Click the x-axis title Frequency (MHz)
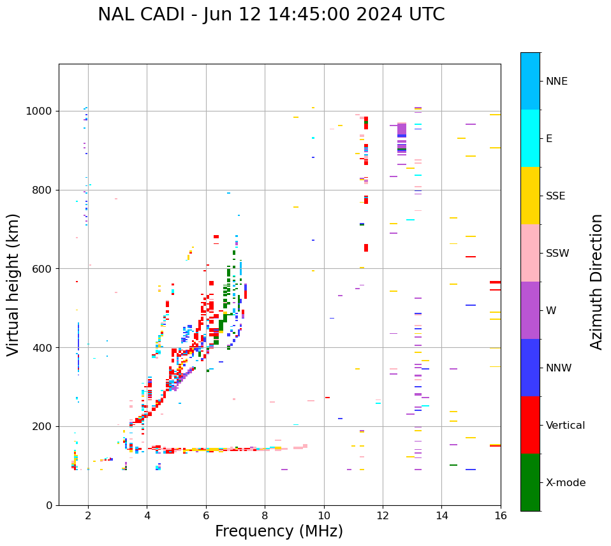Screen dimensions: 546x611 pyautogui.click(x=279, y=531)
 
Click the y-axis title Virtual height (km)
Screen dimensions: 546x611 pyautogui.click(x=13, y=285)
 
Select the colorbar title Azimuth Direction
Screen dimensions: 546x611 pyautogui.click(x=596, y=282)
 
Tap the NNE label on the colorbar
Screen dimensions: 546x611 pyautogui.click(x=556, y=82)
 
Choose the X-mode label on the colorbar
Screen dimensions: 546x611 pyautogui.click(x=565, y=483)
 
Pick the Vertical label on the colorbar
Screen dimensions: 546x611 pyautogui.click(x=565, y=426)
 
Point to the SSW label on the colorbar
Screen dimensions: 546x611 pyautogui.click(x=557, y=254)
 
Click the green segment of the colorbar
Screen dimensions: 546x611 pyautogui.click(x=530, y=482)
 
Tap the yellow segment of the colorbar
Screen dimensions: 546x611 pyautogui.click(x=530, y=196)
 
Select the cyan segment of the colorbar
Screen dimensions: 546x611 pyautogui.click(x=530, y=138)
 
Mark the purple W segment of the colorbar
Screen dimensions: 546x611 pyautogui.click(x=530, y=310)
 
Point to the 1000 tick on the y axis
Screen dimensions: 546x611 pyautogui.click(x=41, y=111)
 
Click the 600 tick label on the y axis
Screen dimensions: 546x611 pyautogui.click(x=44, y=269)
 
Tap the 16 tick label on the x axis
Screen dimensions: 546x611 pyautogui.click(x=501, y=515)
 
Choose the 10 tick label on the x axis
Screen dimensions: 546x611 pyautogui.click(x=324, y=515)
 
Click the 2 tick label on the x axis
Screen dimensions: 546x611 pyautogui.click(x=88, y=515)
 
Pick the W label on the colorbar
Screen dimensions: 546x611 pyautogui.click(x=550, y=311)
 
